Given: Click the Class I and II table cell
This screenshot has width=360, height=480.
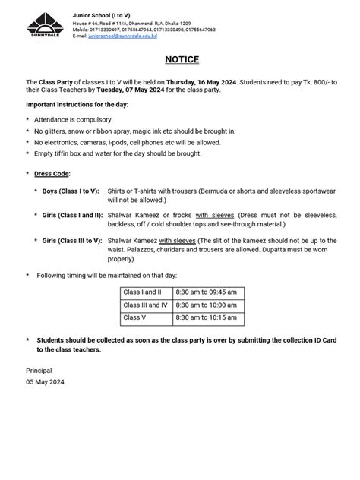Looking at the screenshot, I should coord(143,292).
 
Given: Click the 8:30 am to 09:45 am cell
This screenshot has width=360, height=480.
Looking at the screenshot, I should coord(206,292).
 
